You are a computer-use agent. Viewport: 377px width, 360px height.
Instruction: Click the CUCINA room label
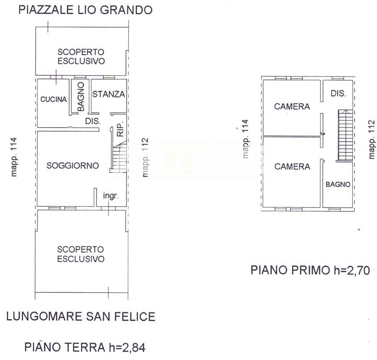[54, 99]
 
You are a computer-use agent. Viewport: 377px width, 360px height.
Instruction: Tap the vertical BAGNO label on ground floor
[81, 97]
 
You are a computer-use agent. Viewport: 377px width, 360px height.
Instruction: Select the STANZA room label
[109, 94]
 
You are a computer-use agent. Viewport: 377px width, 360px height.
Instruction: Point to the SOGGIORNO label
[73, 166]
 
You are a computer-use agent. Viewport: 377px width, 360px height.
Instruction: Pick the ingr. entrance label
[111, 196]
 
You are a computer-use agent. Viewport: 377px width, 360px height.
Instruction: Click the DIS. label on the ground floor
[93, 121]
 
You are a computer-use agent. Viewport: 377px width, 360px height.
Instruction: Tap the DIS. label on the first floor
[338, 93]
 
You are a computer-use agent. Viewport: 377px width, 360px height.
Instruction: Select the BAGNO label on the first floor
[338, 184]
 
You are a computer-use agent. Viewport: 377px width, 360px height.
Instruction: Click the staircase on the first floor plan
[345, 135]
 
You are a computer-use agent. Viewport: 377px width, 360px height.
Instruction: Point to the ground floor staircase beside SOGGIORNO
[119, 157]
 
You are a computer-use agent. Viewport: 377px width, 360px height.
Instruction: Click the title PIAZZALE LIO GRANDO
[86, 10]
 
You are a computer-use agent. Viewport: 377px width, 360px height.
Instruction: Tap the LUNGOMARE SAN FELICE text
[81, 316]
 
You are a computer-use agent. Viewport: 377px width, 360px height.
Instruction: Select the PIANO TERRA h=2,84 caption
[85, 347]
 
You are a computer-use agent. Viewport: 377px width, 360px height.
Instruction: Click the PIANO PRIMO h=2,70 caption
[310, 270]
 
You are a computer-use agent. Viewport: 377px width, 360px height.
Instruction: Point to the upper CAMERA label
[292, 106]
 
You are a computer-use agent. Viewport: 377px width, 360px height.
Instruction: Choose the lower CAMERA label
[292, 166]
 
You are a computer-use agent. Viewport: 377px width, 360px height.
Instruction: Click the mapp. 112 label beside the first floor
[372, 139]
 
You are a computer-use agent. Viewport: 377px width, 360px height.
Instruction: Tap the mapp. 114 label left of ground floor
[14, 157]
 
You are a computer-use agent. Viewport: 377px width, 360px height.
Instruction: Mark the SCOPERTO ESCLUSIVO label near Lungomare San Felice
[81, 254]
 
